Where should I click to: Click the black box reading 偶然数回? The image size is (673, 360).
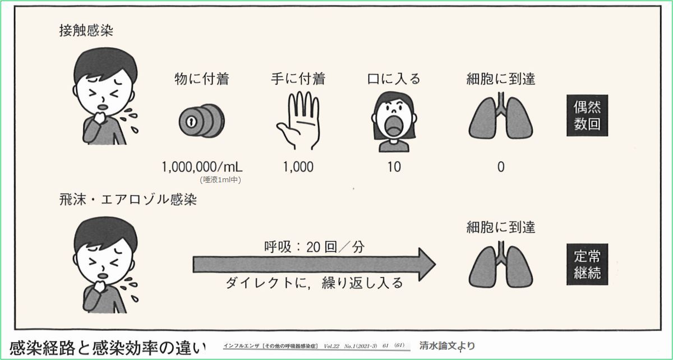tap(587, 116)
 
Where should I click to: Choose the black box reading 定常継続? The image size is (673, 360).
tap(587, 265)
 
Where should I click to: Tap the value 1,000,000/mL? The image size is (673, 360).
tap(202, 167)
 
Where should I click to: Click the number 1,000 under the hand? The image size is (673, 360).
tap(298, 167)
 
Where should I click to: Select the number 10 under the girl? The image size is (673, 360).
tap(394, 167)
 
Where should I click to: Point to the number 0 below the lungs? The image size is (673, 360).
tap(500, 167)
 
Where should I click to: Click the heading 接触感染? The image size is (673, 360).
tap(82, 30)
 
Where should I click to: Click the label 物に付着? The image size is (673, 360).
tap(202, 79)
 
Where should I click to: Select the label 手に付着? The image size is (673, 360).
tap(298, 79)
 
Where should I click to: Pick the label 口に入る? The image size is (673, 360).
tap(393, 79)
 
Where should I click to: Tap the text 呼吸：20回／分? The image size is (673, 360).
tap(314, 246)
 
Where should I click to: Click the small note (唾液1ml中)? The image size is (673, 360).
tap(220, 179)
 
